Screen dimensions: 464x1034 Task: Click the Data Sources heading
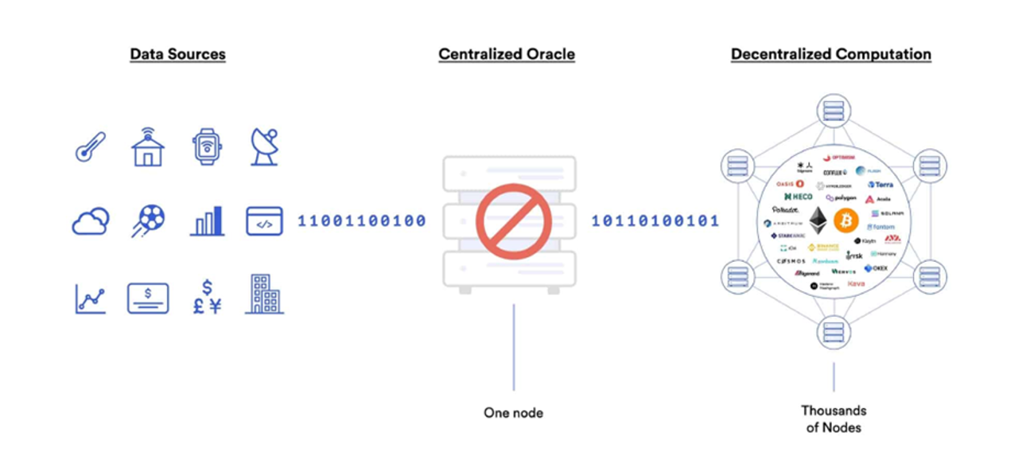pos(177,54)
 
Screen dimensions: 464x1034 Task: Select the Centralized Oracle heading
pos(507,54)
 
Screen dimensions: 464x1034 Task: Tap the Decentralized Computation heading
pos(831,54)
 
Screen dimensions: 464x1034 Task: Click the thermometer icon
pos(89,147)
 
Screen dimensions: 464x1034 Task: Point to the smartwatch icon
pos(207,147)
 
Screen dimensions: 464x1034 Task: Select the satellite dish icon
pos(264,147)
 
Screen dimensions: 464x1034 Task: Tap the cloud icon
pos(90,221)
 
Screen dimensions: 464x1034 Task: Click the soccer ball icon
pos(147,221)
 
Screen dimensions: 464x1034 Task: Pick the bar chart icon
pos(207,221)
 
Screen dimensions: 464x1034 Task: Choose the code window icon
pos(264,221)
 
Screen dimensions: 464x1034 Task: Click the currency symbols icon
pos(207,296)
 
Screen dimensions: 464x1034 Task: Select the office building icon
pos(264,294)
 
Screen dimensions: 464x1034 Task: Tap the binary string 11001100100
pos(362,220)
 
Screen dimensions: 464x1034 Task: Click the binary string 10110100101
pos(655,220)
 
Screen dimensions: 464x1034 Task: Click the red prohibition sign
pos(514,222)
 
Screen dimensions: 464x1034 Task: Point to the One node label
pos(513,412)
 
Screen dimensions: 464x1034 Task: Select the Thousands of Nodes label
pos(833,419)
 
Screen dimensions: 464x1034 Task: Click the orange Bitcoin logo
pos(847,220)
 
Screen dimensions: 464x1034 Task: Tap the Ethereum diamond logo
pos(818,220)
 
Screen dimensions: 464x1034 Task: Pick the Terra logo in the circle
pos(881,185)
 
